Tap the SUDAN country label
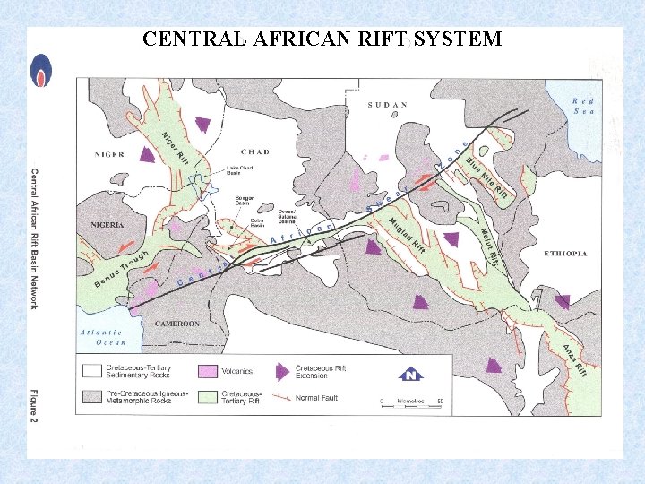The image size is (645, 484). [388, 105]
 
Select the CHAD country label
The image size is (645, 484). [255, 151]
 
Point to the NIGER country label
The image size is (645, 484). [107, 153]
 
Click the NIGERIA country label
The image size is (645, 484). [107, 224]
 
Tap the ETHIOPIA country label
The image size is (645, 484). [565, 254]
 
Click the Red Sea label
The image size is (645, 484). [583, 106]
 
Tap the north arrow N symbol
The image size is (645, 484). [409, 375]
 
